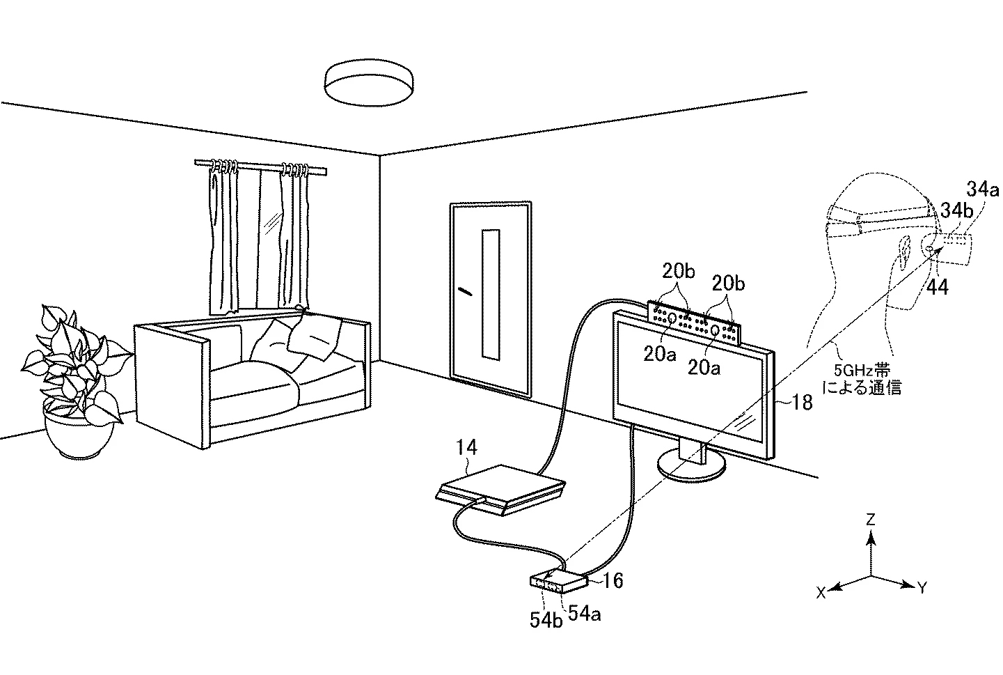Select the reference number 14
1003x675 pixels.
pos(468,448)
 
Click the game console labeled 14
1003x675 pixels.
pos(499,490)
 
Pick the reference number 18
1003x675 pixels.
pos(802,402)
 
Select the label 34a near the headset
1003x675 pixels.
pos(982,187)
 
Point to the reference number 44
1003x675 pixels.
pos(938,286)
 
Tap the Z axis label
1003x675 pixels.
pos(869,520)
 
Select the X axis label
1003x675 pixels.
pos(821,592)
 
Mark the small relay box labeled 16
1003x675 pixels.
pos(559,582)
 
